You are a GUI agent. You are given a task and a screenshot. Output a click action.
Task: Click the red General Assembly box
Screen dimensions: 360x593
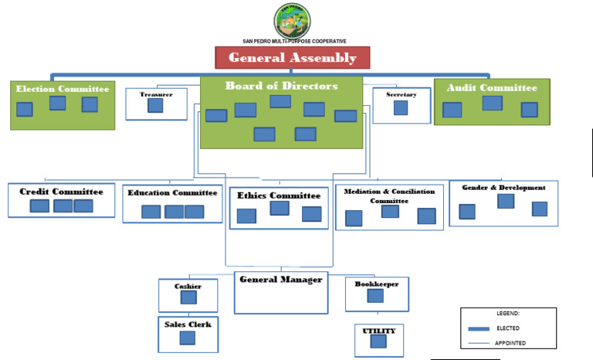292,58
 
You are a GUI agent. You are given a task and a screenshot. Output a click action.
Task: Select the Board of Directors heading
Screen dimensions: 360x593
281,87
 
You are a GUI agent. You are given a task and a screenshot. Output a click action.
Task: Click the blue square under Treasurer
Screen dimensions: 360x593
155,106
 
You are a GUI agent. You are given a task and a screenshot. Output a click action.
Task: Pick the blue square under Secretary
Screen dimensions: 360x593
401,107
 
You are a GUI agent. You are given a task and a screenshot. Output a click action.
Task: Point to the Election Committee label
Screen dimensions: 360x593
63,89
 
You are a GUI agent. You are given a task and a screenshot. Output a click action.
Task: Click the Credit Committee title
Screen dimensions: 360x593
61,192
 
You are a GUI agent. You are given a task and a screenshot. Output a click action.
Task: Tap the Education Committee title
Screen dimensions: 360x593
172,193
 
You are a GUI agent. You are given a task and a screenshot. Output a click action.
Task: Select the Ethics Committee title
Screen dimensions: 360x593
279,195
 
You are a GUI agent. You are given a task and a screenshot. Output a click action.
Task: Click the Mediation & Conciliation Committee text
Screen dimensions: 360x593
389,195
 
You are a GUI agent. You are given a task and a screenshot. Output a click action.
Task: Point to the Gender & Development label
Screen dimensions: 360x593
503,188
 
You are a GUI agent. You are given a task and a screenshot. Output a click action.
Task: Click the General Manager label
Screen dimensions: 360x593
280,280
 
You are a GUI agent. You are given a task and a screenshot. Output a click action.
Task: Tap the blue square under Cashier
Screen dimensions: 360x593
188,301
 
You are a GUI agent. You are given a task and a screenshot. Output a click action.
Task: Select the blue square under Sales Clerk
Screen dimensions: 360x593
188,338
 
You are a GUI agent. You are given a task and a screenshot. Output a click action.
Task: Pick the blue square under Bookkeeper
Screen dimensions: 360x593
375,296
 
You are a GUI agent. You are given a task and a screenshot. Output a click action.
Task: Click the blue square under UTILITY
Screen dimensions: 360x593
378,341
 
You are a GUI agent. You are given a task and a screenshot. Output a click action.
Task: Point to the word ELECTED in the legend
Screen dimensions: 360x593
508,328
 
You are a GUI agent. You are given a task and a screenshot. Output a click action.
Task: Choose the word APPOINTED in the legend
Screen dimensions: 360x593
511,343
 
